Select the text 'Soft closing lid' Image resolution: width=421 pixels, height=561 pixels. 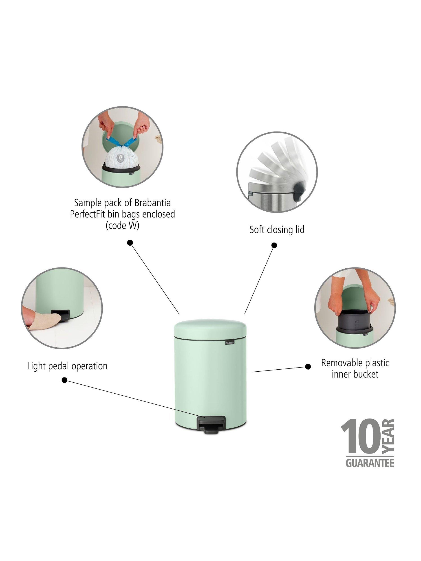coord(277,230)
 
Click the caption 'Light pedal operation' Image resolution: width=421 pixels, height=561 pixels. coord(67,366)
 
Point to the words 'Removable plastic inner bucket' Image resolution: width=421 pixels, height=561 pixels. coord(355,368)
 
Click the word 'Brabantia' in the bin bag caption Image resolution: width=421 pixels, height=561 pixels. coord(152,203)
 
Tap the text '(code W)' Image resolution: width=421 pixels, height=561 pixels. coord(123,226)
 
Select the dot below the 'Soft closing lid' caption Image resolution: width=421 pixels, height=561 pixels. coord(274,245)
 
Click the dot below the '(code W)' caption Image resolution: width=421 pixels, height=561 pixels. coord(130,243)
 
